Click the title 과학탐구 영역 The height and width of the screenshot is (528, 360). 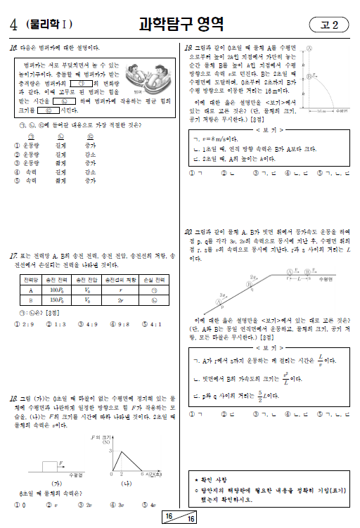pyautogui.click(x=181, y=25)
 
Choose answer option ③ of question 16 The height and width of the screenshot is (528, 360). pyautogui.click(x=17, y=162)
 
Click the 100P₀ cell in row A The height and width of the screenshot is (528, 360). pyautogui.click(x=54, y=289)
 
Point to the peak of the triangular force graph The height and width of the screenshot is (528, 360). pyautogui.click(x=112, y=447)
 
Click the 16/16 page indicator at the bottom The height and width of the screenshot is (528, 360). pyautogui.click(x=180, y=517)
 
